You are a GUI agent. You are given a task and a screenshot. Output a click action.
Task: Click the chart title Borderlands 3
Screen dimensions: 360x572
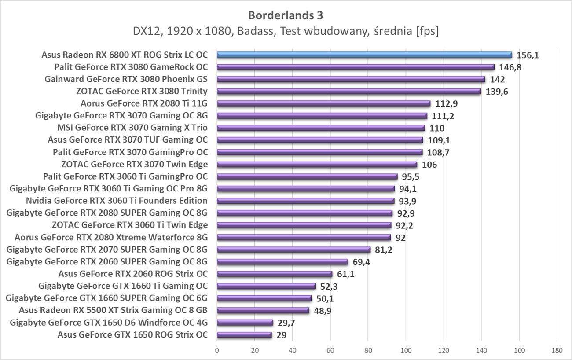[286, 15]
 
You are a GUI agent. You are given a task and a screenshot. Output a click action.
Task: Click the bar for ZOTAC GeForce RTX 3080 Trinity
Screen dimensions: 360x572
[348, 92]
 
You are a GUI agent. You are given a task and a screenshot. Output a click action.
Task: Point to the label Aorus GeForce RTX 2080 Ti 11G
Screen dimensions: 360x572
[144, 104]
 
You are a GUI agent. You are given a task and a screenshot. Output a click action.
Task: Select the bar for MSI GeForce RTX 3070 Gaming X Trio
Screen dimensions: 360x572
[321, 128]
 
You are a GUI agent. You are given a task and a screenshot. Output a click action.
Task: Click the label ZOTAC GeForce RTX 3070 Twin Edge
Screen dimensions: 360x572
[135, 165]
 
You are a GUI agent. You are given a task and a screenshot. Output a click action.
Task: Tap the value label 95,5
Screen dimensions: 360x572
[411, 177]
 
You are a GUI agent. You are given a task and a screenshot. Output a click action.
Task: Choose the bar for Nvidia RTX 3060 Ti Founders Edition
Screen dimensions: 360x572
[305, 201]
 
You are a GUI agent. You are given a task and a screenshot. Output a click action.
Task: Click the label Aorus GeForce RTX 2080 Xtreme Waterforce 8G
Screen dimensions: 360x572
[111, 237]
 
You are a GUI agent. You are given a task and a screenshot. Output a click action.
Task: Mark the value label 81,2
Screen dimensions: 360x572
[384, 250]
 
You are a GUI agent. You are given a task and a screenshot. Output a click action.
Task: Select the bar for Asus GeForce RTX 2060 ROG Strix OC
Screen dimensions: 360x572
[275, 274]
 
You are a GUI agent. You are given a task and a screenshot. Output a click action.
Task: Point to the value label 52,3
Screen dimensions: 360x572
[329, 286]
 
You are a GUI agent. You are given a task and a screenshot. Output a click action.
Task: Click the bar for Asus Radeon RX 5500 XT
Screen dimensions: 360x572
[263, 310]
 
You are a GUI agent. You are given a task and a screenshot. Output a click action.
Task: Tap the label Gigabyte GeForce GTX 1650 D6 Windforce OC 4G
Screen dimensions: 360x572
[108, 323]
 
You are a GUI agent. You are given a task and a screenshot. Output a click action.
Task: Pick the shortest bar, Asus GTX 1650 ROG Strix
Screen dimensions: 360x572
[244, 335]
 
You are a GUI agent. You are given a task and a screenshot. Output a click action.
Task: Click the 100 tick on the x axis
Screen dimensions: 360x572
[406, 350]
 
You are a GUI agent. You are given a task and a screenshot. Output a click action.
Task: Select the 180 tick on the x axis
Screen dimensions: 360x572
[557, 350]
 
